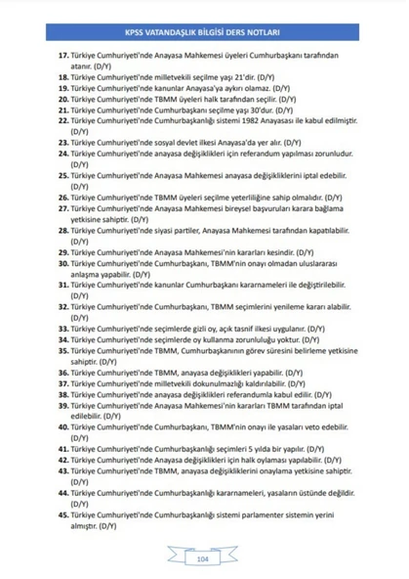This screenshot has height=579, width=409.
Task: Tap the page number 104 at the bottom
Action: pos(204,558)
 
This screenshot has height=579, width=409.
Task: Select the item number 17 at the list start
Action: pos(63,57)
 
